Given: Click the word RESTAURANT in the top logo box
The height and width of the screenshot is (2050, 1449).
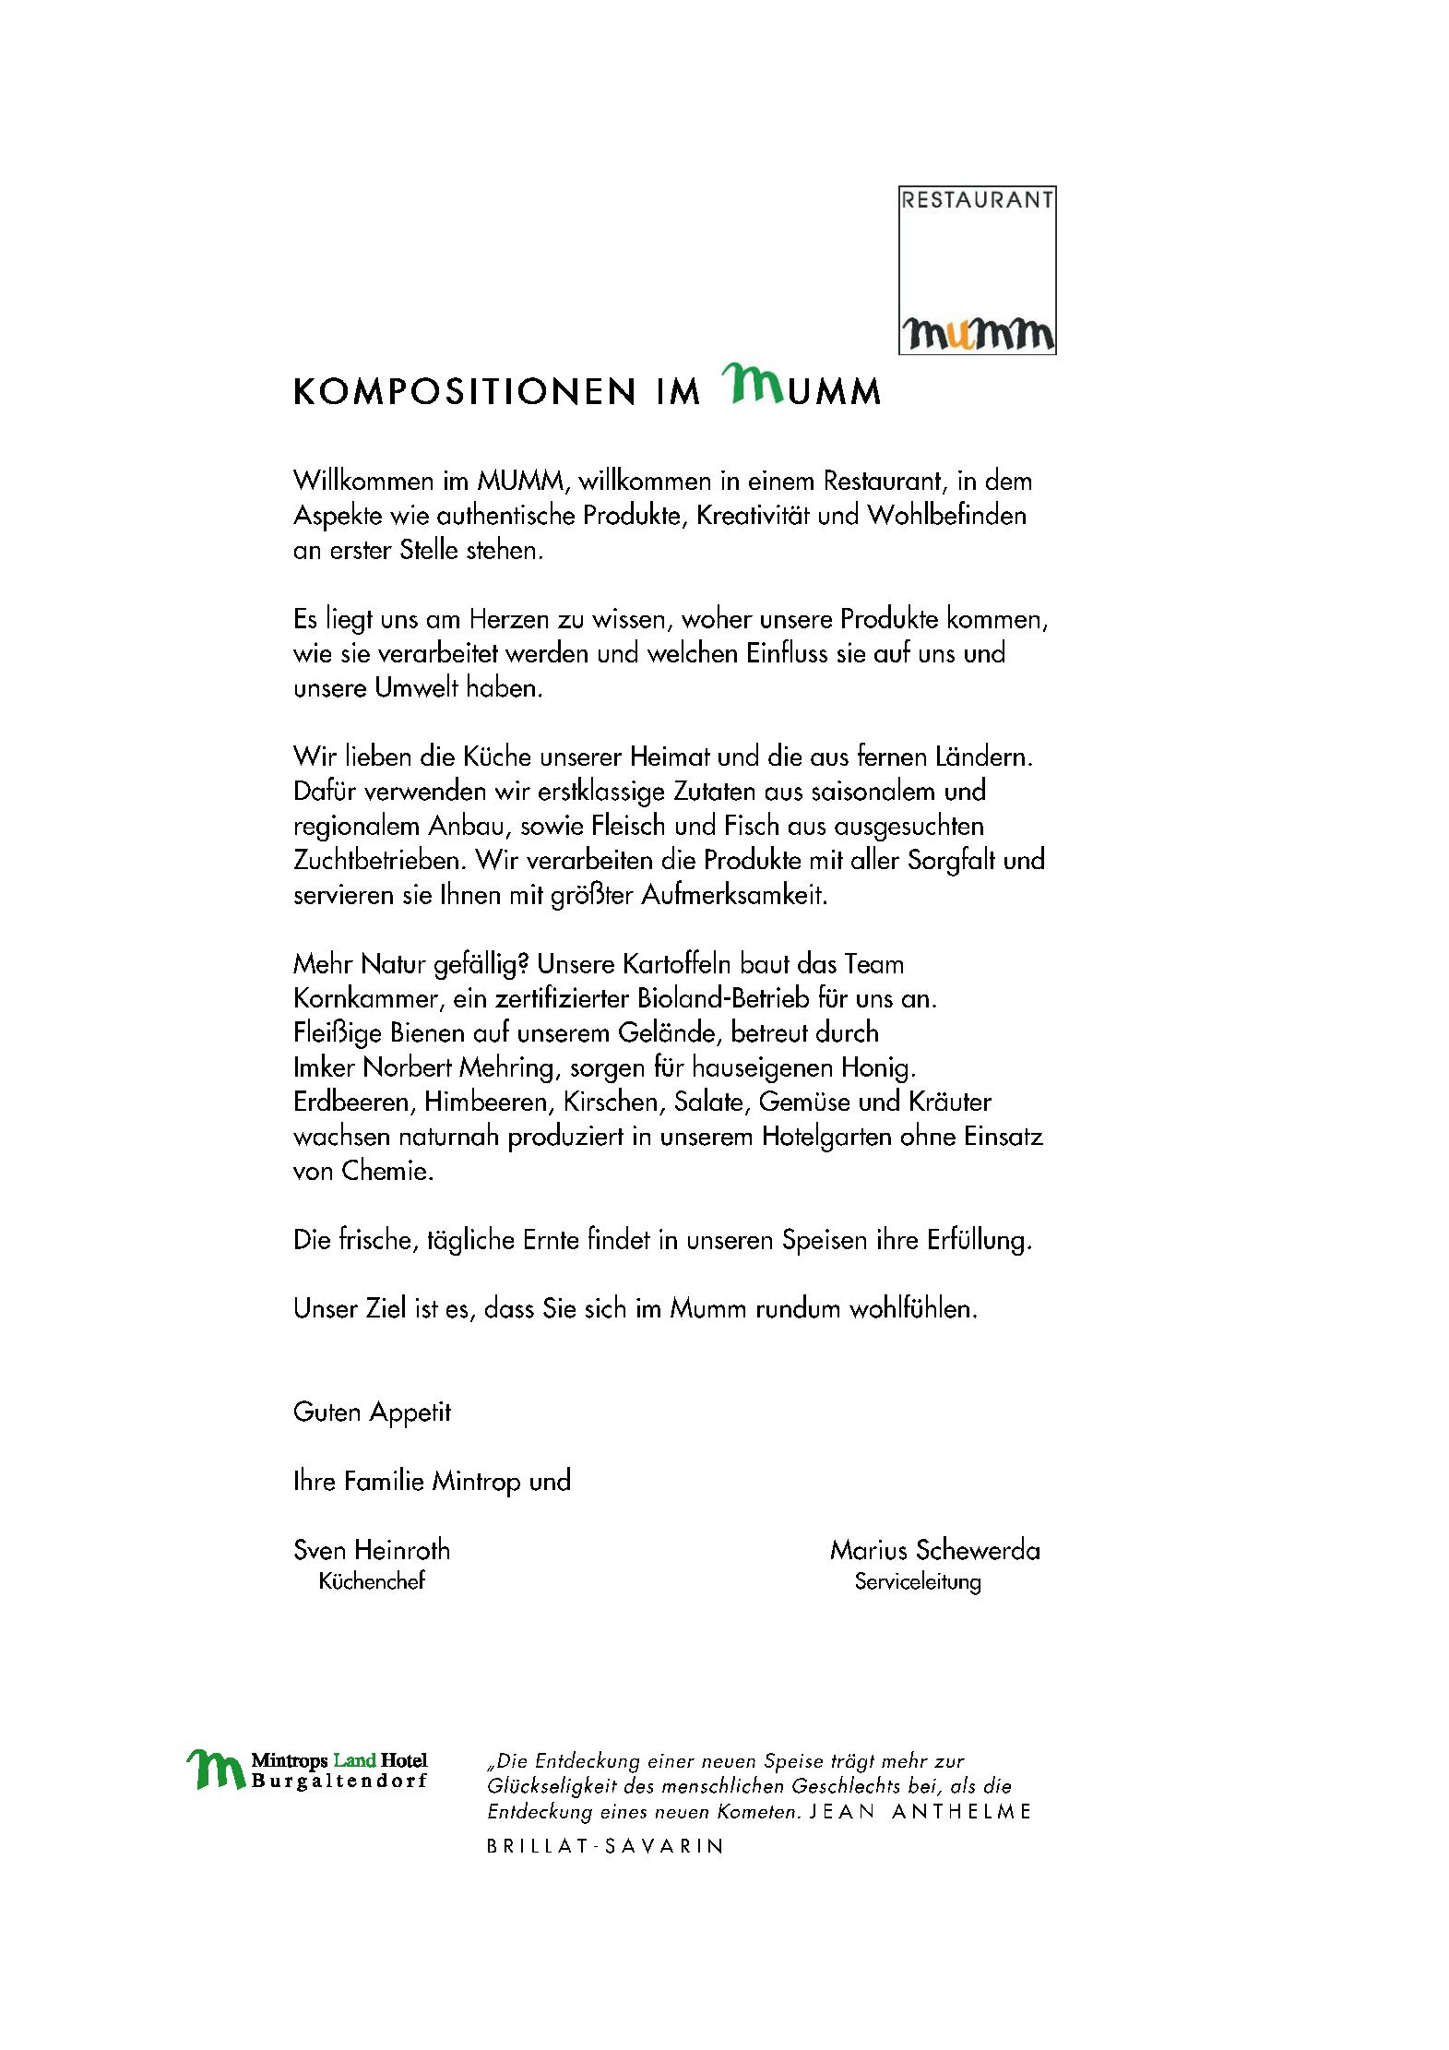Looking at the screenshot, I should (977, 200).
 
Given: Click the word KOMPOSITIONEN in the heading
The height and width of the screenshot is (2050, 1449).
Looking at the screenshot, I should (464, 391).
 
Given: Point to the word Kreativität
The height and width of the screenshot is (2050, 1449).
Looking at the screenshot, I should (753, 515).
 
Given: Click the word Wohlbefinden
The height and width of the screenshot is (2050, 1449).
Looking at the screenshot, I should (945, 515).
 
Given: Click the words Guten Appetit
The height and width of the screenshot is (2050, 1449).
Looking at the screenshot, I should (372, 1412).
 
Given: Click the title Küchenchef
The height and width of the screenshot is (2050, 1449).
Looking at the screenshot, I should (372, 1581).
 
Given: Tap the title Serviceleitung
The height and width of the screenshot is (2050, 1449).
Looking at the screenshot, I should (917, 1582).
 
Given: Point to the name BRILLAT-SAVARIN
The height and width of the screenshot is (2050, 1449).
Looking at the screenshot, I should (604, 1846).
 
